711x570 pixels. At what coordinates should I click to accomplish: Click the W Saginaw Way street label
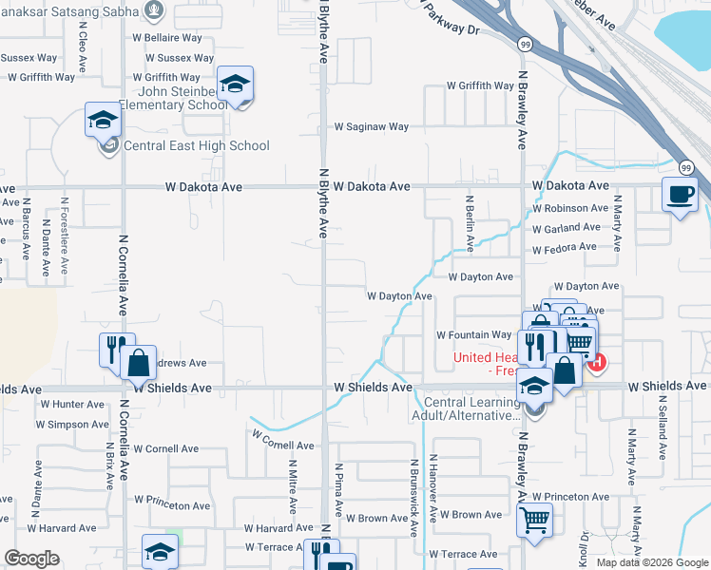tap(371, 126)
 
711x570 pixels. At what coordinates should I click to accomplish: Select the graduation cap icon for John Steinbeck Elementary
tap(235, 84)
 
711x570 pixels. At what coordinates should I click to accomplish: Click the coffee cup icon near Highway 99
tap(680, 196)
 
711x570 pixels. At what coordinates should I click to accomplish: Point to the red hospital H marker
tap(596, 361)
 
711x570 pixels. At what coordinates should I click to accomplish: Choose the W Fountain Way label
tap(473, 335)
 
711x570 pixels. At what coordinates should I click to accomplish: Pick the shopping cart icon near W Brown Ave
tap(534, 520)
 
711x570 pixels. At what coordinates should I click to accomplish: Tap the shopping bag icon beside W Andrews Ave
tap(139, 361)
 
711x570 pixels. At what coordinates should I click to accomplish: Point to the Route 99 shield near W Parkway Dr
tap(524, 44)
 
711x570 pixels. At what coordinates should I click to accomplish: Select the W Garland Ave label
tap(567, 228)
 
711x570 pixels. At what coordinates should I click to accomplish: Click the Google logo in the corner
tap(32, 559)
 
